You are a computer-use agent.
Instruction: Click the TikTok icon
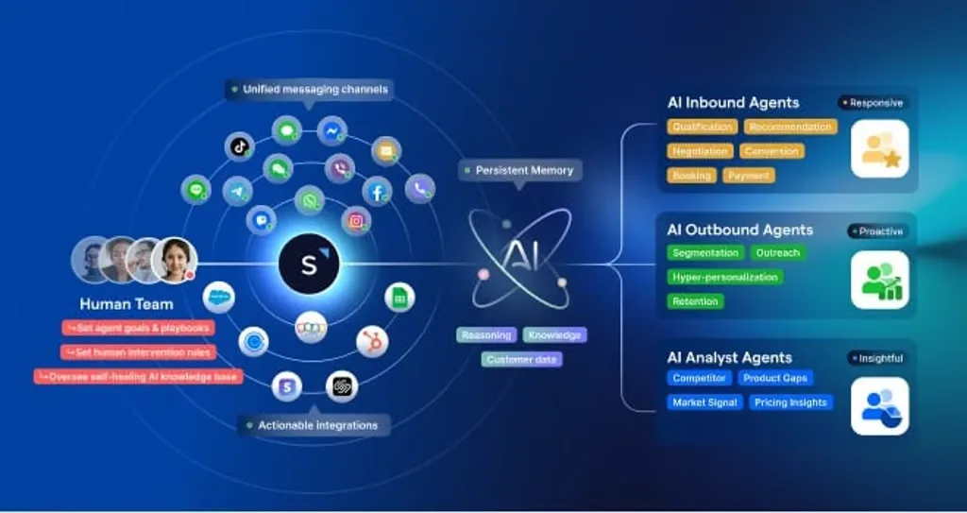click(240, 146)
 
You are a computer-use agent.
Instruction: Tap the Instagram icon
click(356, 220)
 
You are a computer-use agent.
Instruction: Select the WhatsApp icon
click(309, 200)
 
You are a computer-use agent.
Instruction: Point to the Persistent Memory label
click(520, 170)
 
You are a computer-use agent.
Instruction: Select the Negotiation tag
click(700, 151)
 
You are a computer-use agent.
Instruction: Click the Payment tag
click(749, 175)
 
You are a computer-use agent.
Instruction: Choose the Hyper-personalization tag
click(724, 277)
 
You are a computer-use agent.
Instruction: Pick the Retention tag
click(696, 301)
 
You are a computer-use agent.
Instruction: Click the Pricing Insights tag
click(790, 402)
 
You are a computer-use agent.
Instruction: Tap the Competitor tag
click(699, 378)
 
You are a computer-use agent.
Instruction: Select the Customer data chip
click(523, 359)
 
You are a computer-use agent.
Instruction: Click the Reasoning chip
click(485, 334)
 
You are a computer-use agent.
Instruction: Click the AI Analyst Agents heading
click(729, 357)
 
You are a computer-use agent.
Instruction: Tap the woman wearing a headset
click(174, 259)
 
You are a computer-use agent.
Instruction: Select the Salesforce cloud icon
click(219, 298)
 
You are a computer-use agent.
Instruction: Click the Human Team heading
click(126, 304)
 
